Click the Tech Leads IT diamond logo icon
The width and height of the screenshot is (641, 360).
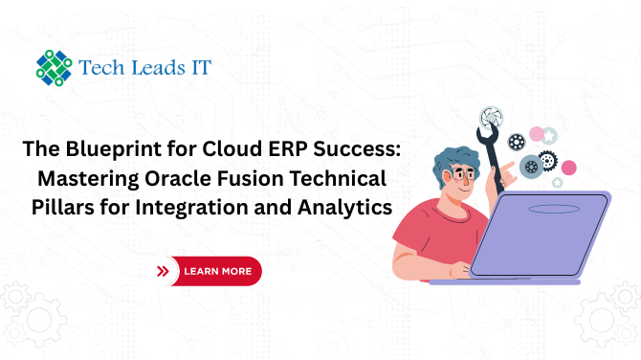(54, 68)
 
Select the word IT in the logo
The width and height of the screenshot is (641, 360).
(201, 67)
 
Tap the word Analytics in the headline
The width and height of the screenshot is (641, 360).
(345, 208)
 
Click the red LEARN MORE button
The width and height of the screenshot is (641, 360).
(215, 271)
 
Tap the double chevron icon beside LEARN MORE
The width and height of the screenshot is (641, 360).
(163, 271)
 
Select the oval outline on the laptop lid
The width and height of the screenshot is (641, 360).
(554, 209)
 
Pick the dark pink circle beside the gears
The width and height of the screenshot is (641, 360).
(568, 168)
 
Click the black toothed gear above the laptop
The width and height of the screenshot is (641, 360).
(548, 161)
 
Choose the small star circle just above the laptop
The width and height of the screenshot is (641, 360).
(557, 183)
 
